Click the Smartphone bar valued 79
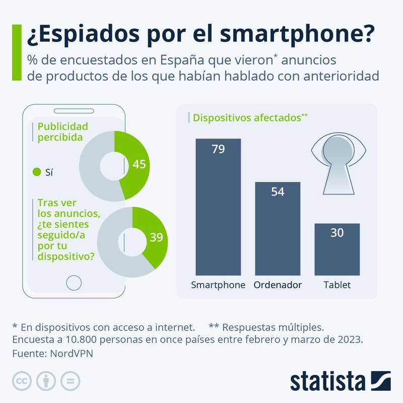(x=218, y=207)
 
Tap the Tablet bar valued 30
(x=337, y=249)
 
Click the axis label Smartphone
(x=218, y=285)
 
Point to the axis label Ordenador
(x=278, y=285)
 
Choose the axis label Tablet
(x=337, y=285)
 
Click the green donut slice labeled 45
(x=136, y=164)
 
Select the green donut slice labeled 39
(x=154, y=237)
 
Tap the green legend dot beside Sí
(x=36, y=172)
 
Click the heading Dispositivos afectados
(x=247, y=118)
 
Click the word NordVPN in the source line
(x=72, y=353)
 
